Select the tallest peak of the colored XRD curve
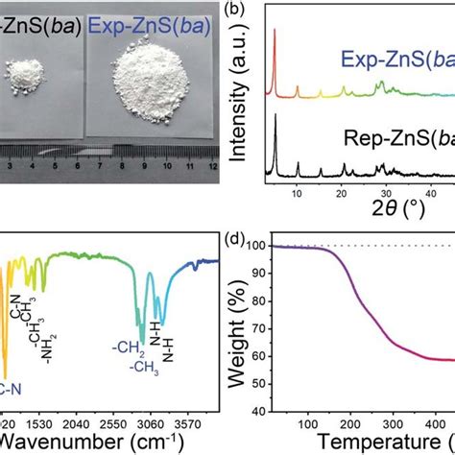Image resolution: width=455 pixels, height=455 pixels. [x=275, y=31]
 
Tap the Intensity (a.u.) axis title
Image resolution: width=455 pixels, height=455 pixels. [x=245, y=101]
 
